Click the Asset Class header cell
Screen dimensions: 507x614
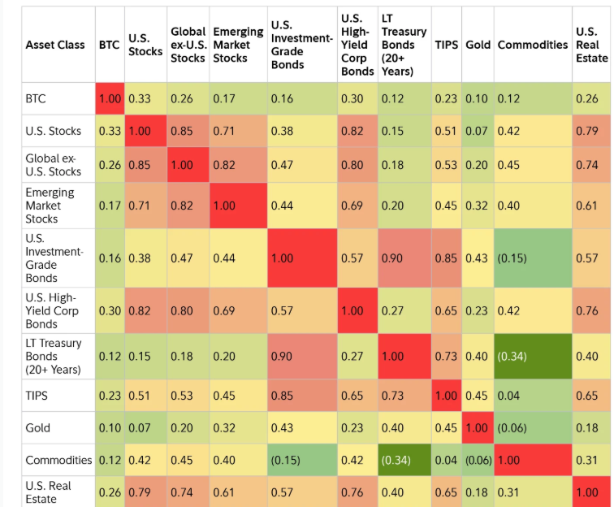[x=55, y=45]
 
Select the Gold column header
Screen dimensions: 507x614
[x=478, y=45]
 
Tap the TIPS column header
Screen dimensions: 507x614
[x=446, y=45]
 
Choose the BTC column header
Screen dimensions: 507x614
[x=109, y=45]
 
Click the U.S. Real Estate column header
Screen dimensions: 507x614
[x=591, y=45]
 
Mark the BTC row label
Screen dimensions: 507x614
[x=36, y=98]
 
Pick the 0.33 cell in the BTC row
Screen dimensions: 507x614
[x=140, y=98]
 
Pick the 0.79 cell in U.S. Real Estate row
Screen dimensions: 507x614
[x=140, y=492]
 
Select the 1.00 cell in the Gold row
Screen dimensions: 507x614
[x=478, y=427]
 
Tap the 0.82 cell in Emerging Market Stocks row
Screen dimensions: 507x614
[x=181, y=206]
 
